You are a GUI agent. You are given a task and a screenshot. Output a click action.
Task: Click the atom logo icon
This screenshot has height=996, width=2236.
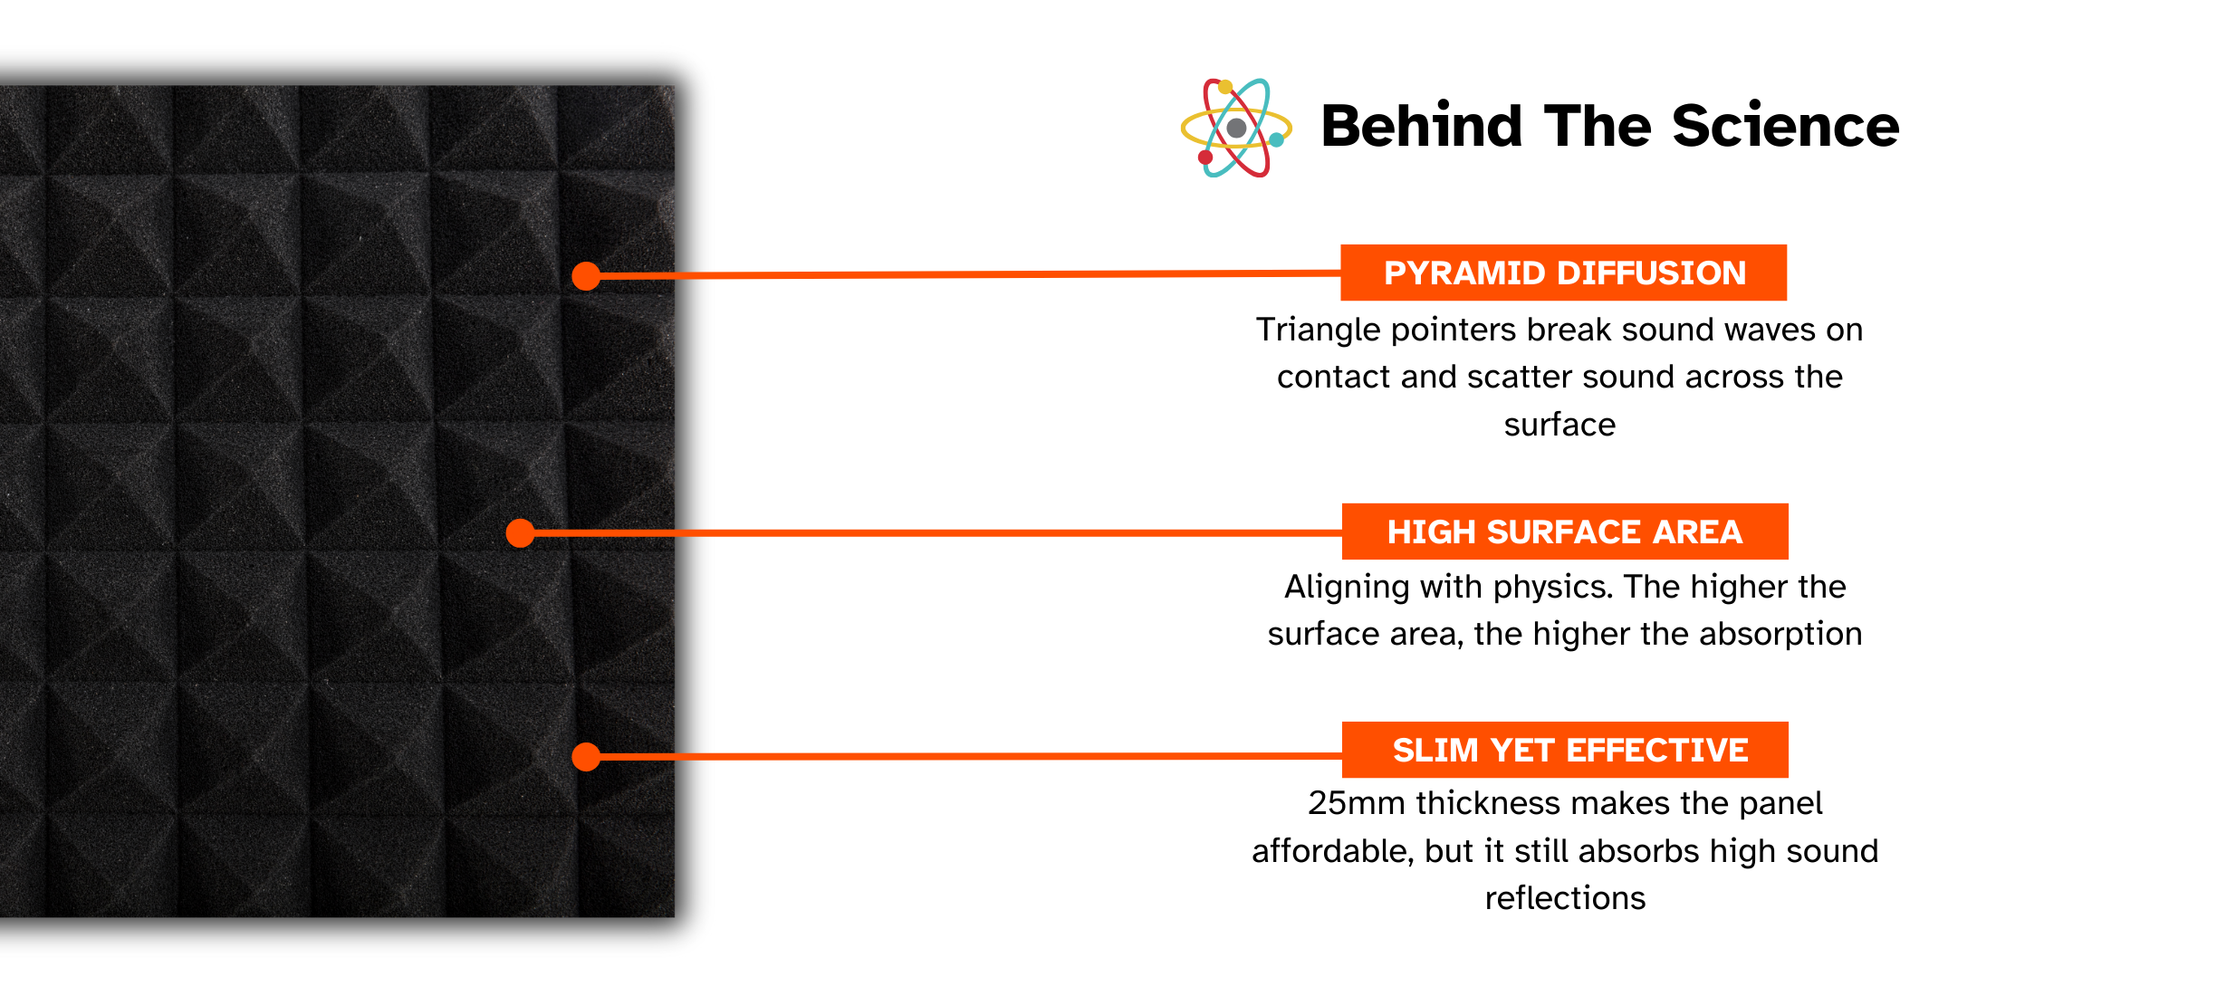point(1236,128)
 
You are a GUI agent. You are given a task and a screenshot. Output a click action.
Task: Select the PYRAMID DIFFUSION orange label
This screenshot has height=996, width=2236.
point(1564,273)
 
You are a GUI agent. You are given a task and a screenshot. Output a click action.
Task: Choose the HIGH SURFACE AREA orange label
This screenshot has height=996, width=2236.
point(1565,532)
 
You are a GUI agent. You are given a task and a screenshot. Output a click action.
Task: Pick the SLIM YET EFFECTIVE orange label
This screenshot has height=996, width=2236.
point(1565,750)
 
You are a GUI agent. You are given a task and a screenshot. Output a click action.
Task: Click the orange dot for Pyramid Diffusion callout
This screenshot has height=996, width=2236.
point(587,276)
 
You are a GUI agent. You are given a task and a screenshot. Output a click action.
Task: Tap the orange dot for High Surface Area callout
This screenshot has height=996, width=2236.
point(520,533)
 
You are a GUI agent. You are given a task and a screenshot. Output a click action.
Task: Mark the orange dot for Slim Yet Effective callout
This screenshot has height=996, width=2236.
point(587,756)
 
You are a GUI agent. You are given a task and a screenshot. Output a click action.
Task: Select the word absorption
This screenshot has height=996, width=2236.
point(1780,635)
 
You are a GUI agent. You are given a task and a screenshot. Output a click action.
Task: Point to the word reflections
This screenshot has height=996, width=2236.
point(1565,898)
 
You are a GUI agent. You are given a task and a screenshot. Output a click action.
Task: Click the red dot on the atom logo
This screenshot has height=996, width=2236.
point(1205,158)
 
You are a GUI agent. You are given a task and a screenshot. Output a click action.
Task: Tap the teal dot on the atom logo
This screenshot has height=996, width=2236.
point(1277,139)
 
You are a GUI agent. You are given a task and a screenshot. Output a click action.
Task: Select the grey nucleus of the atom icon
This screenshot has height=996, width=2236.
point(1236,128)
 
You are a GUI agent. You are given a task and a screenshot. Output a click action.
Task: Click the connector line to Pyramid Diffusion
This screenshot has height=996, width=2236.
point(964,274)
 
